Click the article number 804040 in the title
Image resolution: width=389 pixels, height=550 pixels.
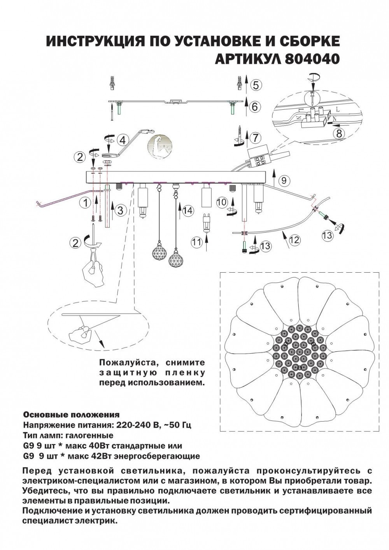(313, 58)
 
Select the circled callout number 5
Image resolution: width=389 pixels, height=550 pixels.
(256, 85)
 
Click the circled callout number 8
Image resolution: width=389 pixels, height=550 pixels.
(339, 133)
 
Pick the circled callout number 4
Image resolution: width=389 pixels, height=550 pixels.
(122, 140)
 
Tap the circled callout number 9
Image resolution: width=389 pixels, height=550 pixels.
(284, 180)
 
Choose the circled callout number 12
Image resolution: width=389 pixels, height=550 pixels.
(294, 240)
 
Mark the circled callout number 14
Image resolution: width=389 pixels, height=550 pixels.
(188, 210)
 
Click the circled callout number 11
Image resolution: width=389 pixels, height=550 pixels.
(196, 242)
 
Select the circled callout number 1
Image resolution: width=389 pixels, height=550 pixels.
(82, 202)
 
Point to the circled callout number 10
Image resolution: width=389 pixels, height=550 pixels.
(222, 202)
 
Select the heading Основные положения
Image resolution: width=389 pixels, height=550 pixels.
(72, 414)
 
